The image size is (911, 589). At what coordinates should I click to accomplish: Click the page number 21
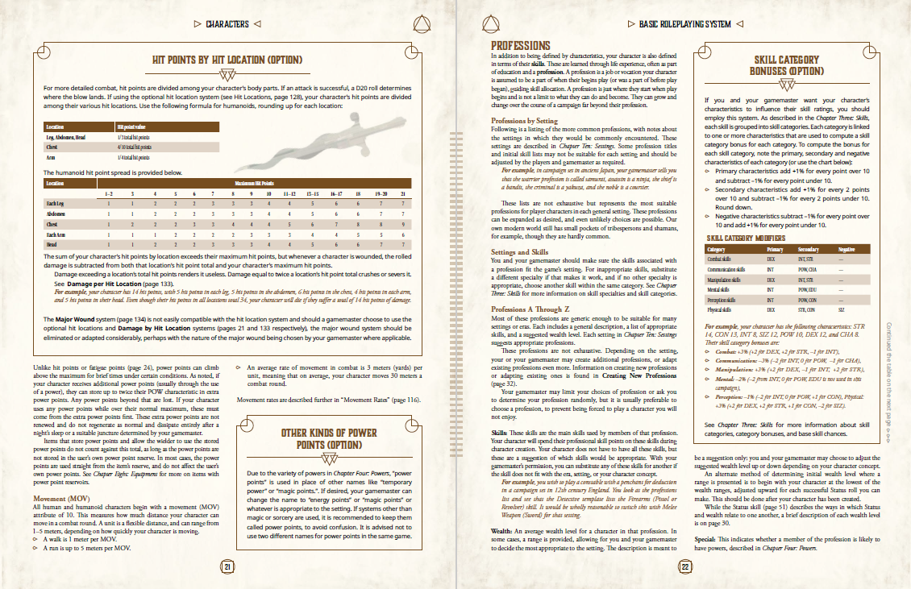click(x=227, y=566)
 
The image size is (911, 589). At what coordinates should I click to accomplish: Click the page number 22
click(x=685, y=566)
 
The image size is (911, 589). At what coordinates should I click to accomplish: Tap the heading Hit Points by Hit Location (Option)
click(x=228, y=60)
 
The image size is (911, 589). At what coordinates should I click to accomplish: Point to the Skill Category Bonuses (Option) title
click(x=786, y=65)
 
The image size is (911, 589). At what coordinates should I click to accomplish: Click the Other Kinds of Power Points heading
click(x=329, y=438)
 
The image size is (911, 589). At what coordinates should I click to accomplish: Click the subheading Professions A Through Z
click(x=530, y=309)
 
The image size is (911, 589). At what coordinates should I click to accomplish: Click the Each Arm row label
click(x=56, y=234)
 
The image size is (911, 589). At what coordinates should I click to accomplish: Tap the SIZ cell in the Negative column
click(x=842, y=309)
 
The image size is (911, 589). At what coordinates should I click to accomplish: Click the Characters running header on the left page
click(x=227, y=24)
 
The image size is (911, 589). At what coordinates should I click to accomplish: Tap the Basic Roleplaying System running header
click(x=684, y=24)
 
